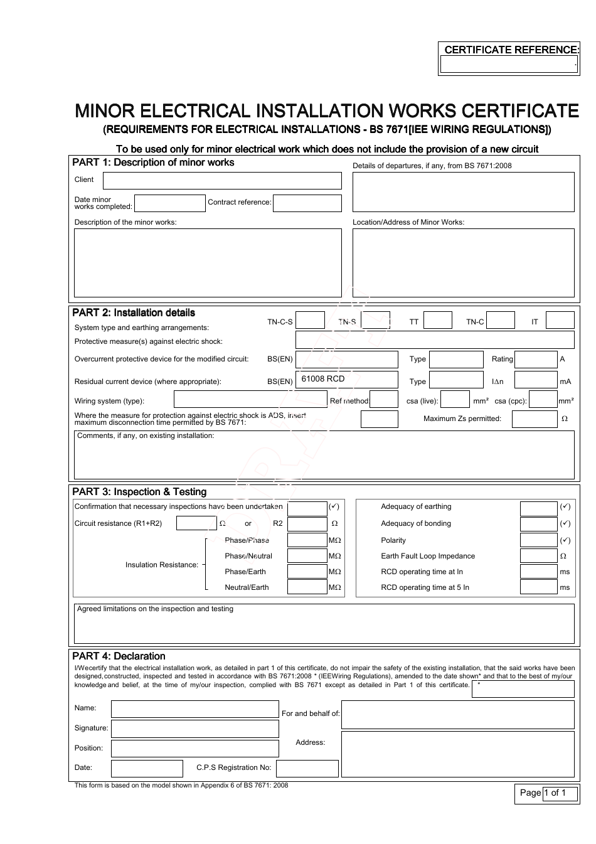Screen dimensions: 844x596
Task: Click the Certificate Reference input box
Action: pos(508,65)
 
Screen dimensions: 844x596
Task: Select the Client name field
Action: pos(222,181)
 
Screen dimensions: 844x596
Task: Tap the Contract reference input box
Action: pos(307,203)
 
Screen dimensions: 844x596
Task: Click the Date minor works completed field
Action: pos(170,203)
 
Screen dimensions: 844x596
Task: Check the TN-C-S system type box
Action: pos(310,321)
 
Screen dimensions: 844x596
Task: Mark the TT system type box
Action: pos(437,321)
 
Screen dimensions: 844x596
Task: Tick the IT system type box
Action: pos(560,321)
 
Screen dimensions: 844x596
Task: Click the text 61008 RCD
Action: pos(323,379)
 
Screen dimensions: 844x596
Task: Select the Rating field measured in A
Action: pos(536,360)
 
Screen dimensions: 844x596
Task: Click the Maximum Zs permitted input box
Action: pos(535,419)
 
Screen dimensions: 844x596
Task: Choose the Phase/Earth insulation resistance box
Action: pos(307,572)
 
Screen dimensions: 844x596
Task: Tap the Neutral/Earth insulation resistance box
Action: pos(307,587)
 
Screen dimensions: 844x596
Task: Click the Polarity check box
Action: pos(538,540)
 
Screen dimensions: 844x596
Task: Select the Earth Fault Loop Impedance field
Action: pos(538,556)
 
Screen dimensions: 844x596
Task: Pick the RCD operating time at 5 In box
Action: pos(538,587)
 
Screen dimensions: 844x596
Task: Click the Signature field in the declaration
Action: pos(194,729)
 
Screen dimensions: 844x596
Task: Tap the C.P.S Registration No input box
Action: pos(307,768)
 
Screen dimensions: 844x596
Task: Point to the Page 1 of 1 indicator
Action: pos(545,793)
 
